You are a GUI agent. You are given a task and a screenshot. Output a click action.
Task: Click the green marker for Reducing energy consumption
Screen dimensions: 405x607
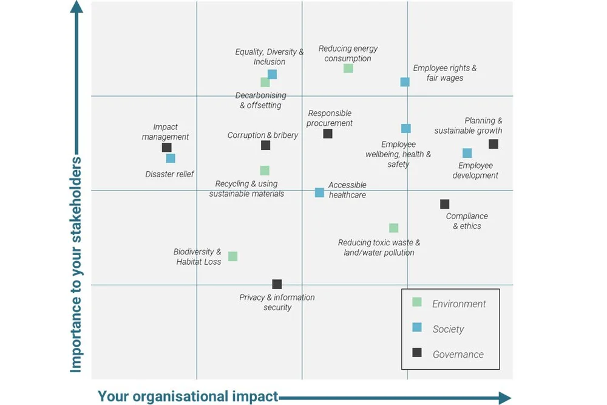click(x=348, y=68)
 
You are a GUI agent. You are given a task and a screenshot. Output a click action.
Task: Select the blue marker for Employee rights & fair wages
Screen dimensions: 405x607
click(x=405, y=82)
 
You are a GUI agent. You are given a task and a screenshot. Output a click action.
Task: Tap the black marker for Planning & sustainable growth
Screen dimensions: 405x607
click(x=493, y=144)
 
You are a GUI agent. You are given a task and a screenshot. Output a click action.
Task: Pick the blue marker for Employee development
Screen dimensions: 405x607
click(x=467, y=153)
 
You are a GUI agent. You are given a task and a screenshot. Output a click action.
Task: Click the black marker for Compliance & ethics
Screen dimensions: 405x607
click(x=445, y=204)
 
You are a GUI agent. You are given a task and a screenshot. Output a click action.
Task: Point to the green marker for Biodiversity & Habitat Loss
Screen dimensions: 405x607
click(x=232, y=256)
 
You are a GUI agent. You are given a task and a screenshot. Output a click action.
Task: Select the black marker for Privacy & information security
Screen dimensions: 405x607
click(x=277, y=284)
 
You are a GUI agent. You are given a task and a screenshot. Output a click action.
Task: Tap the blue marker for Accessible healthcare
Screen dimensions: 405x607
click(x=319, y=192)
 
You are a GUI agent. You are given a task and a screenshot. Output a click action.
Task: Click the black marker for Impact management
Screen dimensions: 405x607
click(x=167, y=148)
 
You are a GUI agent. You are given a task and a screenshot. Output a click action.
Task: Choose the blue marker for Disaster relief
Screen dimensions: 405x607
click(x=171, y=158)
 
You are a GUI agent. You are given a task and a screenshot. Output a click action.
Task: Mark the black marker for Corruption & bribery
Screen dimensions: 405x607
click(x=265, y=145)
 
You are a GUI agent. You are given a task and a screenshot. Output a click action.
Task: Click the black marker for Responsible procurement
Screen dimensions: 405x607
click(x=328, y=134)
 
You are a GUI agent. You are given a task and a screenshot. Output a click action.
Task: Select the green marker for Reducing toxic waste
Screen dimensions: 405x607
click(x=393, y=228)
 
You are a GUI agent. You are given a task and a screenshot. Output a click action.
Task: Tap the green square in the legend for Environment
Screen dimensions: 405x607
click(x=417, y=302)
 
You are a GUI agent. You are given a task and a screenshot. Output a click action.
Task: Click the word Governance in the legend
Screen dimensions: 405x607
click(x=458, y=355)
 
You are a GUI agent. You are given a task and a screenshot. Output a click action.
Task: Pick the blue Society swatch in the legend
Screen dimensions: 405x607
click(x=417, y=327)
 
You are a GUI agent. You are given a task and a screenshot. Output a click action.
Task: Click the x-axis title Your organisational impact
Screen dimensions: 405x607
click(x=188, y=396)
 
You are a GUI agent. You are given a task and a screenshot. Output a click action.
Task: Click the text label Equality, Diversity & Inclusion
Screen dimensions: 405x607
click(x=270, y=56)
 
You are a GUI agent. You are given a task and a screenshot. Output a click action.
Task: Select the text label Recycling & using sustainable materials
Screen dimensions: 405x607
click(x=246, y=188)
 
